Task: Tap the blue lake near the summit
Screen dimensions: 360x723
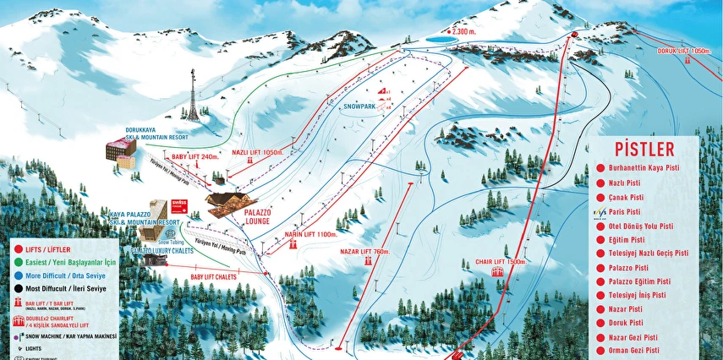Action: click(438, 39)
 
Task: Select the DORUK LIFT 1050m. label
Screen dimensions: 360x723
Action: click(682, 51)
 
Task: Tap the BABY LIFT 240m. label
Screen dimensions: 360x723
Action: click(194, 156)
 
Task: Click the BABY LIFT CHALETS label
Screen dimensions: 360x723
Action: click(213, 276)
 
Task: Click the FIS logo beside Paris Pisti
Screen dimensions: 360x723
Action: click(600, 211)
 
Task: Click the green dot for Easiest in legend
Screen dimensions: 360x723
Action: click(17, 263)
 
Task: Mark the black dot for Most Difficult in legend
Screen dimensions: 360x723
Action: click(17, 286)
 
